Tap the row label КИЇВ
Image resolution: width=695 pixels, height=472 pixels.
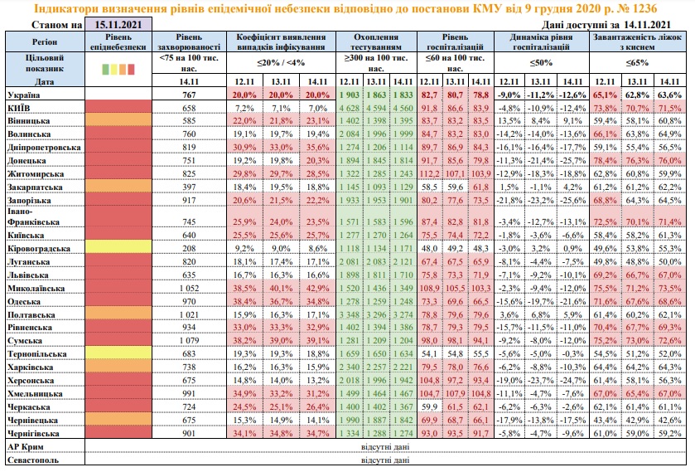(x=19, y=109)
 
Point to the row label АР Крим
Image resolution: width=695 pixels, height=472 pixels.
(x=26, y=445)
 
